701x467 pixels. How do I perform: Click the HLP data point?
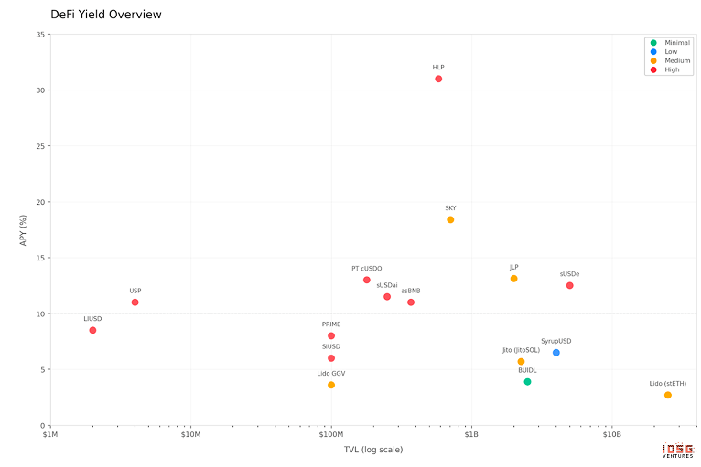click(438, 79)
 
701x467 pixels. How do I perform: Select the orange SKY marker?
click(450, 219)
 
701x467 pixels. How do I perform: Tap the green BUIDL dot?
click(527, 382)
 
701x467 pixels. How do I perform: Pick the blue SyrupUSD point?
click(555, 353)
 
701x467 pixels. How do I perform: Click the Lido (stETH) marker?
click(668, 395)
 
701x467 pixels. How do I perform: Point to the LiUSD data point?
click(92, 330)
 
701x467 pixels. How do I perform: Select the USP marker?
click(135, 302)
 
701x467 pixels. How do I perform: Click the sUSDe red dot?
click(569, 285)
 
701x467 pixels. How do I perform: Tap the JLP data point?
click(513, 279)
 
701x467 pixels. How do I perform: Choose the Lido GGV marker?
click(331, 385)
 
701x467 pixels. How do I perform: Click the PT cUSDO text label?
click(367, 269)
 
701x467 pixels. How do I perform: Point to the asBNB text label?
click(411, 291)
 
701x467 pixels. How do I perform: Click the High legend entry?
click(672, 69)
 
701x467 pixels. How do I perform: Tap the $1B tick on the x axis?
click(471, 435)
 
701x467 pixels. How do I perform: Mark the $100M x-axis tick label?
click(331, 435)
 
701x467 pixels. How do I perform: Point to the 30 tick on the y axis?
click(40, 90)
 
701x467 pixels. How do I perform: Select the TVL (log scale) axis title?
click(373, 449)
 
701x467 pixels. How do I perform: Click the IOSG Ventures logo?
click(678, 451)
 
